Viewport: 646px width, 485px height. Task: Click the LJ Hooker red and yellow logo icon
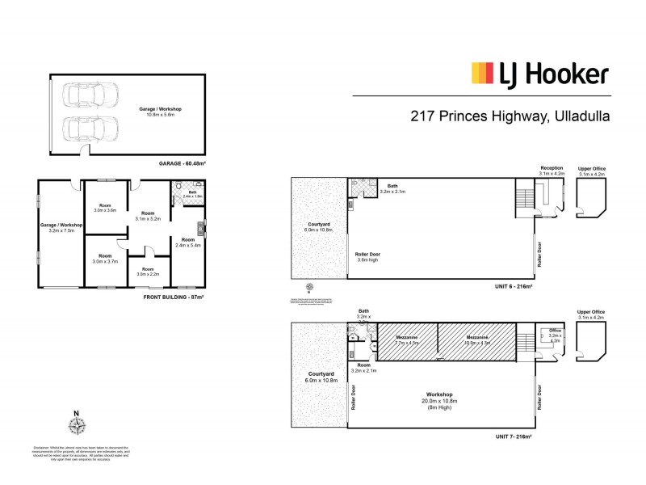pos(482,74)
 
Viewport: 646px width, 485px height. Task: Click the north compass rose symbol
pos(77,428)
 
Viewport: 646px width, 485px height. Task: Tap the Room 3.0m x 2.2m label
pos(148,272)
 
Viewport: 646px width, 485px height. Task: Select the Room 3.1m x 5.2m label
pos(148,216)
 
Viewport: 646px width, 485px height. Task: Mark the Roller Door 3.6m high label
pos(368,258)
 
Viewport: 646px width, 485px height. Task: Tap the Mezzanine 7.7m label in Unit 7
pos(401,341)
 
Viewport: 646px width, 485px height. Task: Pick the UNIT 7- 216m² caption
pos(514,436)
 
